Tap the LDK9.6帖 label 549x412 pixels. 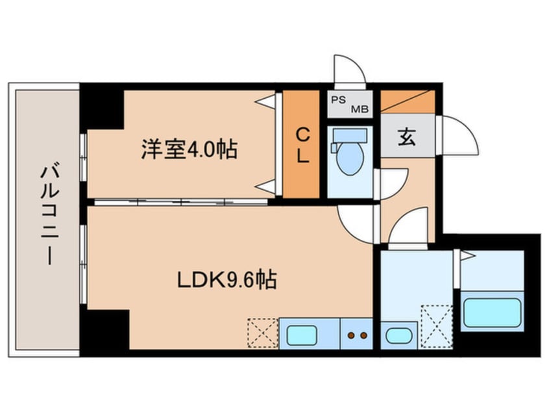coord(228,281)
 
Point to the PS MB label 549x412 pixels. coord(349,104)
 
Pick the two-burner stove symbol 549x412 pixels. coord(356,335)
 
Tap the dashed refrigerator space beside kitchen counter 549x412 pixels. coord(263,333)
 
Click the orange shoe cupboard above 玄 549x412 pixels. coord(407,101)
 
